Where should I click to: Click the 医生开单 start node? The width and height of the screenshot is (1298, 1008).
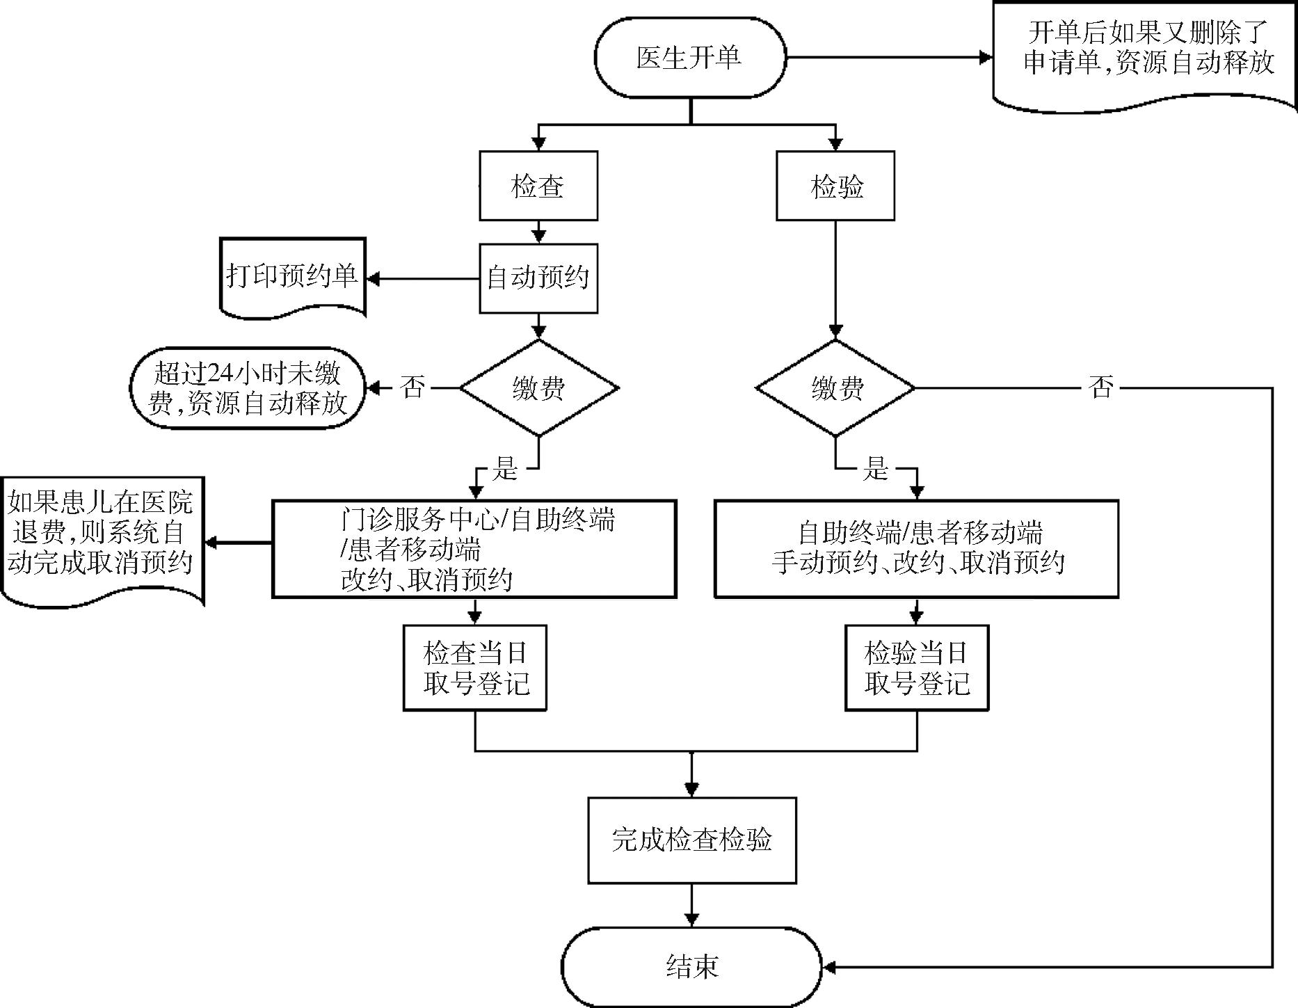tap(689, 57)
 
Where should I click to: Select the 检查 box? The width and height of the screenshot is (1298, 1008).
tap(538, 186)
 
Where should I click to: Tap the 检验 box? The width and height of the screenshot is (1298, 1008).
tap(835, 186)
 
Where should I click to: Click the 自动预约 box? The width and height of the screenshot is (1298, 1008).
tap(538, 278)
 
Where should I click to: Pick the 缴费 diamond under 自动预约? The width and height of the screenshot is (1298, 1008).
tap(538, 387)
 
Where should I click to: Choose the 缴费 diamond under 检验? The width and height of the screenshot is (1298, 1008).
tap(835, 387)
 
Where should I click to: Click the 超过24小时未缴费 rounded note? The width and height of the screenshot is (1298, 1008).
tap(248, 387)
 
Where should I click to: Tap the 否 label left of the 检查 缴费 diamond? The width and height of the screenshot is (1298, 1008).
tap(412, 387)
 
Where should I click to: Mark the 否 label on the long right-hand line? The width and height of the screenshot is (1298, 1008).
tap(1100, 387)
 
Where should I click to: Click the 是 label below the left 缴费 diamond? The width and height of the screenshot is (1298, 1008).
tap(505, 469)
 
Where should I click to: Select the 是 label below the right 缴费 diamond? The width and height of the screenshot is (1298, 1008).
tap(875, 469)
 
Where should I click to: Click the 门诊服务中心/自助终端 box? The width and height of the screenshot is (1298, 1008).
tap(474, 549)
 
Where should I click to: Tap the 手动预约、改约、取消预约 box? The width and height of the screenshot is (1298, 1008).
tap(916, 549)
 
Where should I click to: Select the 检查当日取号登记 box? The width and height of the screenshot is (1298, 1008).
tap(475, 668)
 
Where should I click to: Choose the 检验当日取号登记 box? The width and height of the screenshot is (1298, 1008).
tap(916, 668)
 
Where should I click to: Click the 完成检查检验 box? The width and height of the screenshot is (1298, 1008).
tap(691, 840)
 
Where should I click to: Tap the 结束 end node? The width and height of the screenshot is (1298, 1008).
tap(691, 966)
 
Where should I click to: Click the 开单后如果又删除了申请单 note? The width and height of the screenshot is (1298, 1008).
tap(1145, 51)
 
